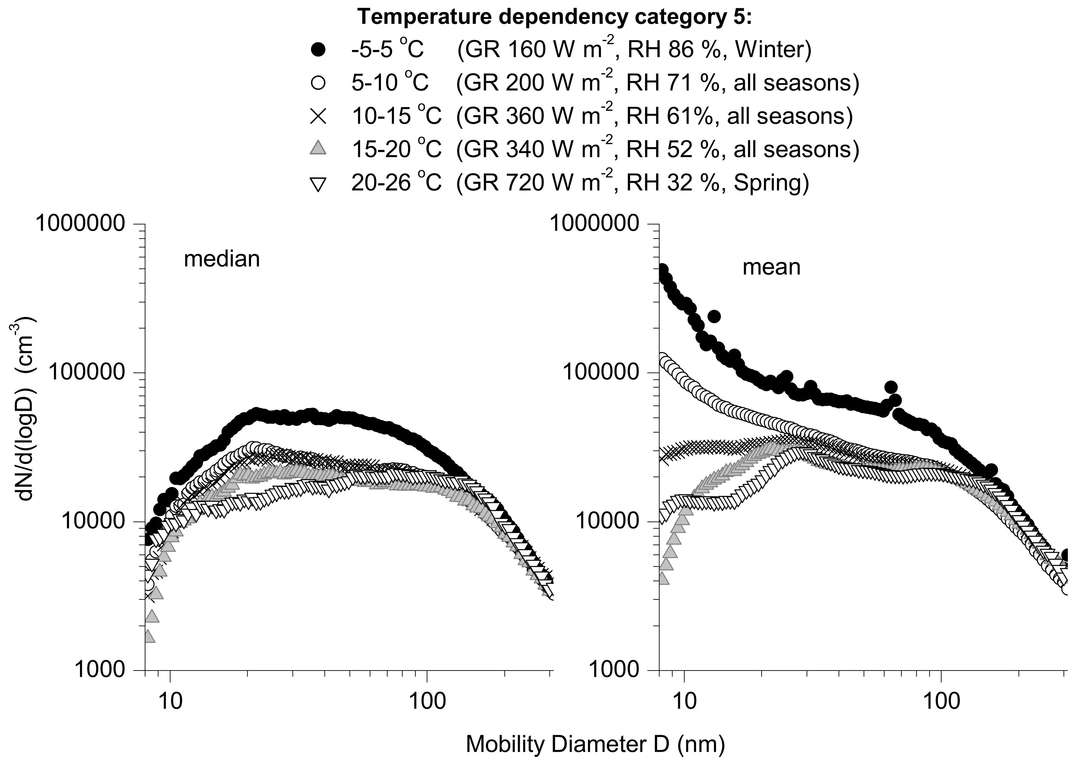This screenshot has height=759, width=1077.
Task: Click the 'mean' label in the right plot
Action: point(771,267)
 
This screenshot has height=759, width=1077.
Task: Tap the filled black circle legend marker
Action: point(319,50)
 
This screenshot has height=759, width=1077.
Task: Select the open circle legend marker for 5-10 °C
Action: point(319,83)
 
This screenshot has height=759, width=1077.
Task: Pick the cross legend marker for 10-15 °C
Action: point(319,116)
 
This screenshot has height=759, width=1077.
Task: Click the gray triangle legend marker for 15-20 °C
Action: point(319,148)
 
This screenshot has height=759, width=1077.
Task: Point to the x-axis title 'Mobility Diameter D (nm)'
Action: point(595,744)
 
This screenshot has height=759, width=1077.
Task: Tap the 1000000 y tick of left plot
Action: point(80,224)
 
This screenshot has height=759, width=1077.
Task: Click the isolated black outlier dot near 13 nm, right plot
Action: point(714,317)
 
